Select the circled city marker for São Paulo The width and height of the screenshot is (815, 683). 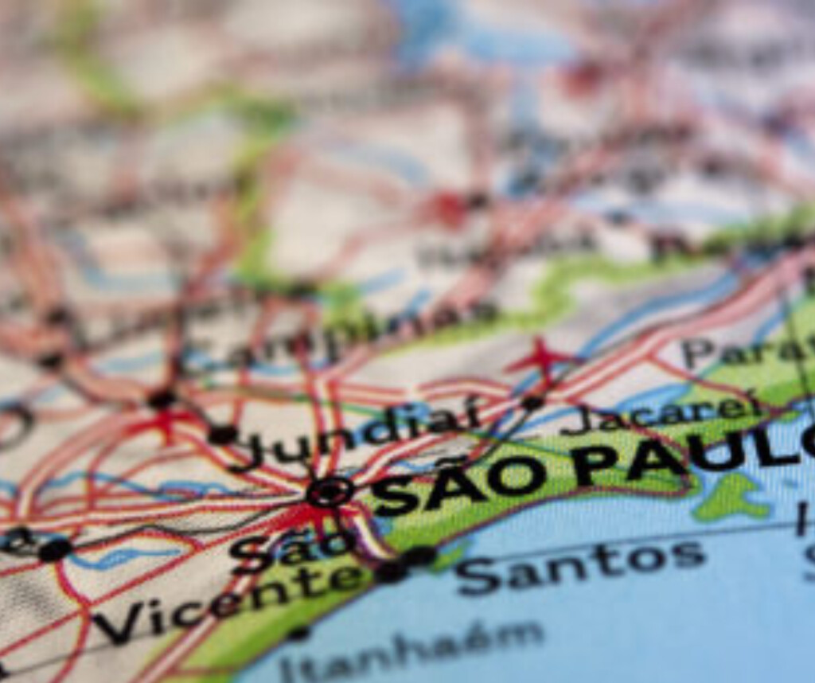(330, 491)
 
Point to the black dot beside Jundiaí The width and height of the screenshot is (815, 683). (222, 435)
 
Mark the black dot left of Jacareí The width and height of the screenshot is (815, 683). (532, 404)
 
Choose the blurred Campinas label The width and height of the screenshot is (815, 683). (334, 334)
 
